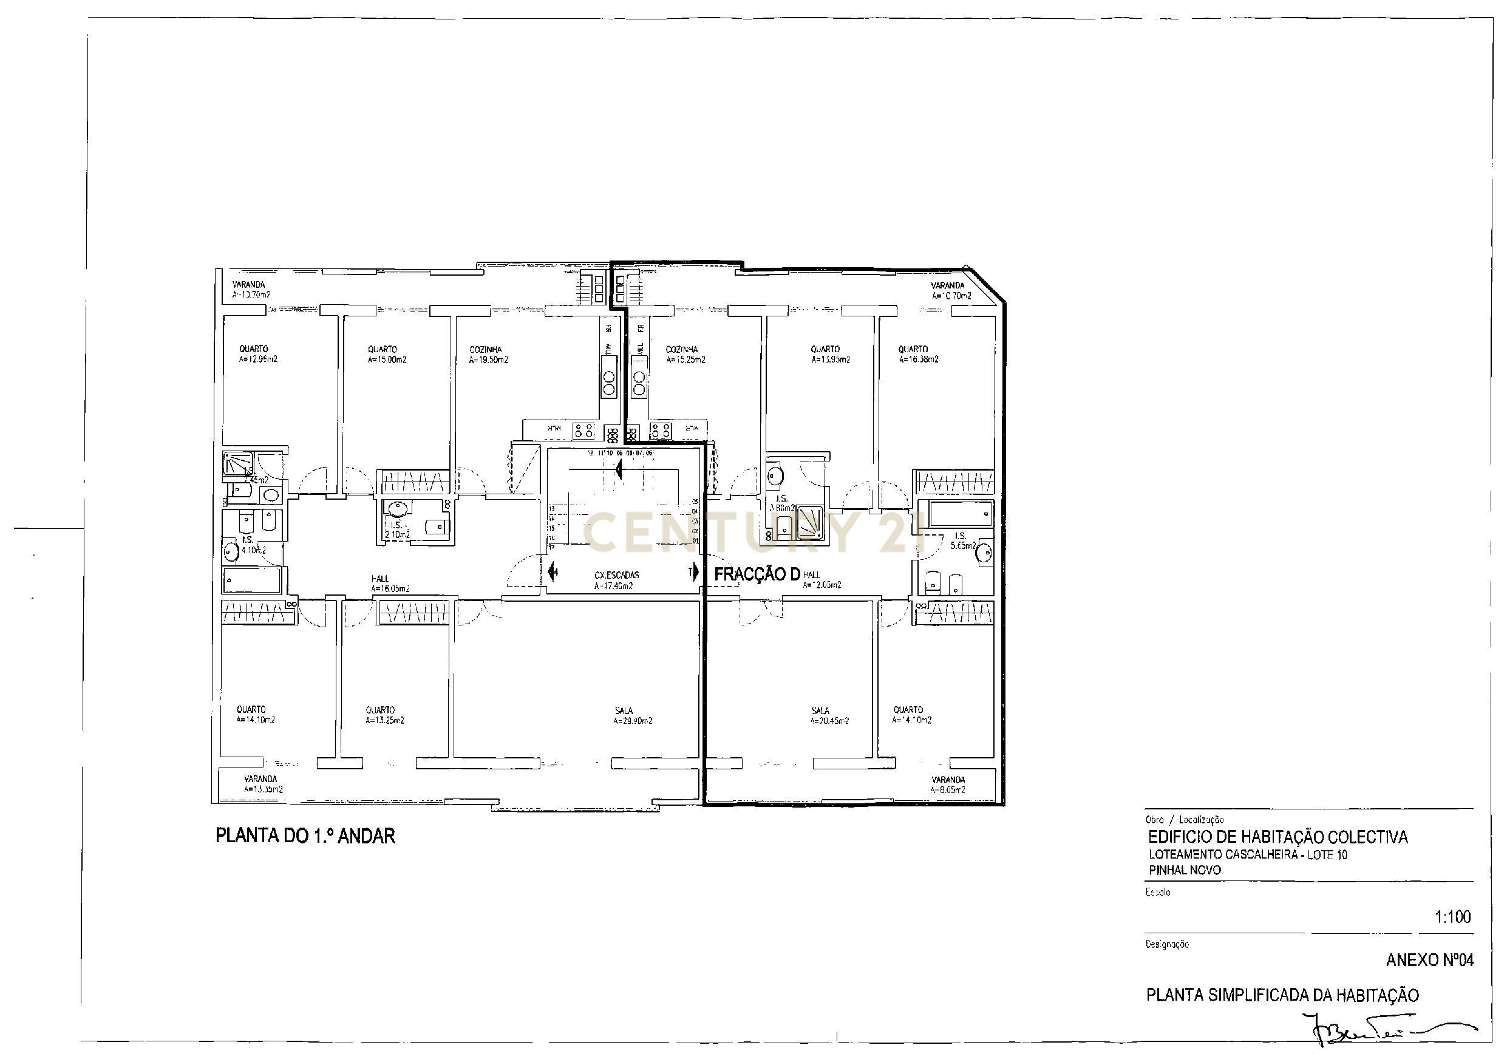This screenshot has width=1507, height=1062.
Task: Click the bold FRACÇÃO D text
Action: coord(756,574)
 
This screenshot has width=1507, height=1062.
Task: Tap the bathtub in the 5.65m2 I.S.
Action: coord(959,513)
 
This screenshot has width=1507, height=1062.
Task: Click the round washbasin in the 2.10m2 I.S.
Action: coord(397,509)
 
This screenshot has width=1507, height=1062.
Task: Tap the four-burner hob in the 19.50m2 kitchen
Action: coord(584,431)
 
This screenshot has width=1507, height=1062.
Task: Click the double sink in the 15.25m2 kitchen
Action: coord(639,383)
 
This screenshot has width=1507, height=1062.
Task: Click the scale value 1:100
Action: coord(1452,917)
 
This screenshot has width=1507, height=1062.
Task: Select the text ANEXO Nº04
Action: coord(1429,960)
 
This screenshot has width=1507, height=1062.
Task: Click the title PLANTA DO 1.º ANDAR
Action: coord(305,836)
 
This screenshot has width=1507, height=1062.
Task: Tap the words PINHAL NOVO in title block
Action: coord(1184,870)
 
